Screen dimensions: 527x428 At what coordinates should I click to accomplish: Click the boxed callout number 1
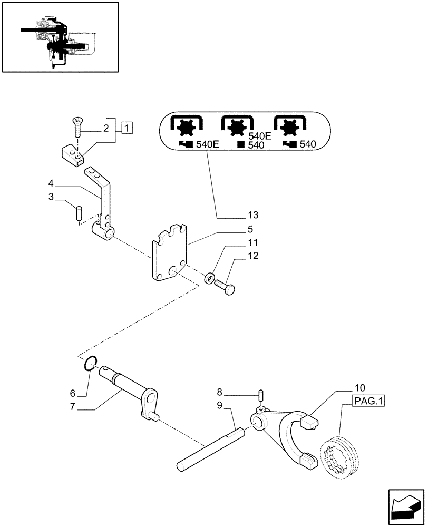pos(127,127)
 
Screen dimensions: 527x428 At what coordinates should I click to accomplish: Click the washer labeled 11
pos(210,277)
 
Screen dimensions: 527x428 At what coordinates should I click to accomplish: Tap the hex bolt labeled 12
pos(227,287)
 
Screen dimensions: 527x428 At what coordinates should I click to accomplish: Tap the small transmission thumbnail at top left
pos(59,36)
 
